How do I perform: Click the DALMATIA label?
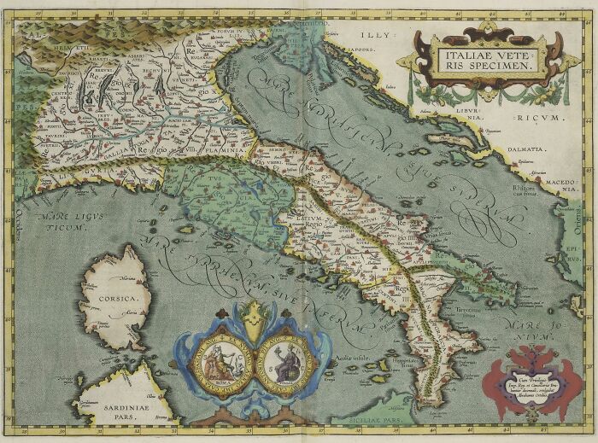pyautogui.click(x=528, y=149)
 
